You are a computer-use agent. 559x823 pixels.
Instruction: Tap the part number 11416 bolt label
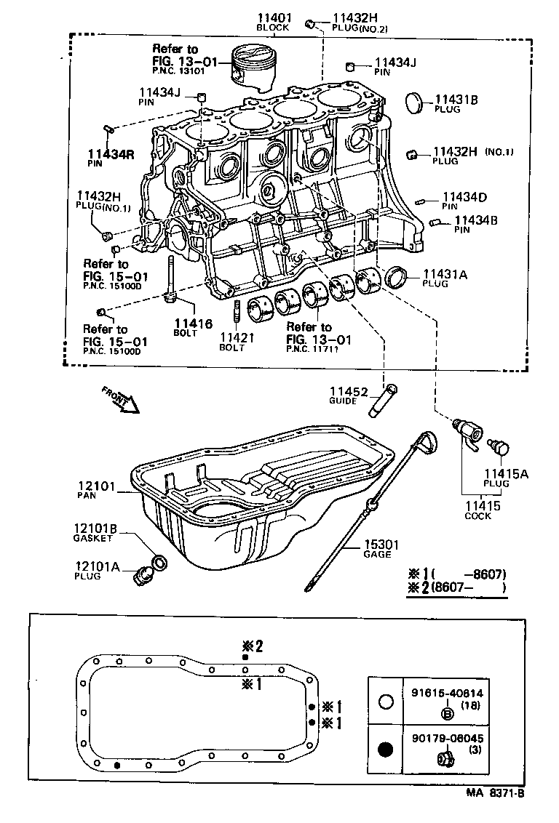click(x=193, y=324)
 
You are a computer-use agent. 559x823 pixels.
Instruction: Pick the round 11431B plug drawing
click(x=413, y=103)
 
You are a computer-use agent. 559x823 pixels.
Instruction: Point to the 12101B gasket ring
click(x=159, y=562)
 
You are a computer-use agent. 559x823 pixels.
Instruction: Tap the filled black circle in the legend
click(x=386, y=750)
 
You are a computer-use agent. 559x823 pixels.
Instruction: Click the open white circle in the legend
click(x=386, y=702)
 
